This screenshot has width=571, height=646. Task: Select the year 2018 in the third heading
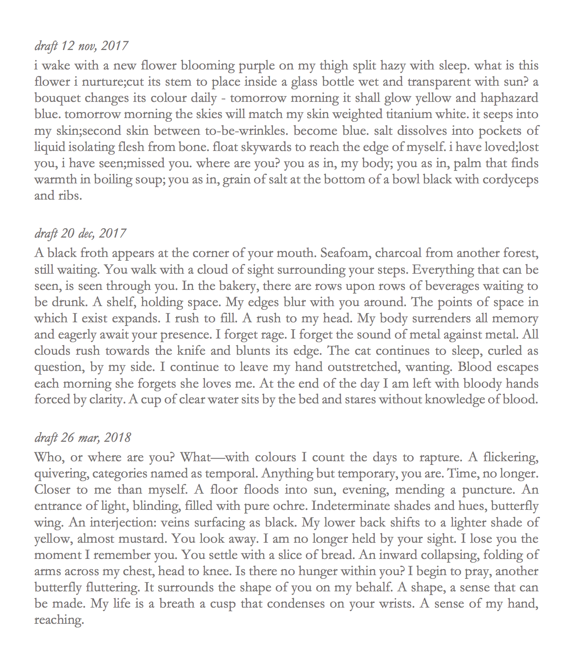coord(118,438)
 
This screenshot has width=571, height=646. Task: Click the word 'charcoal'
coord(398,253)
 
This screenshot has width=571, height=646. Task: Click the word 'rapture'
coord(440,458)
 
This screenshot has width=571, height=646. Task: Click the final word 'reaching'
coord(59,620)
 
